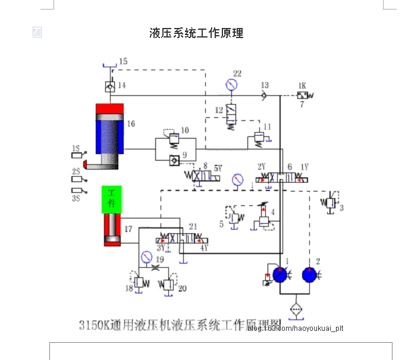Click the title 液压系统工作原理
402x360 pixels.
196,33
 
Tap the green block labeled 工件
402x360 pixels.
111,199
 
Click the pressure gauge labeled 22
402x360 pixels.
231,85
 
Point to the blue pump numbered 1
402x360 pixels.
278,275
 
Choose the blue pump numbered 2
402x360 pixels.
310,275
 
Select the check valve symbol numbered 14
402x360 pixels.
109,86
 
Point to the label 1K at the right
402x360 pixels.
302,85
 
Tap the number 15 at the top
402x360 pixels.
123,61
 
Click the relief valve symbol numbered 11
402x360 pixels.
257,137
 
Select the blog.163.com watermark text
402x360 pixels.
295,328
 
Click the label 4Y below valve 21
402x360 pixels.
203,247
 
